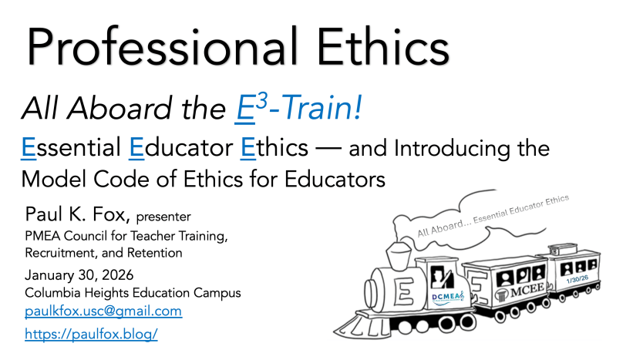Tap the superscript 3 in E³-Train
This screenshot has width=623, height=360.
[x=261, y=101]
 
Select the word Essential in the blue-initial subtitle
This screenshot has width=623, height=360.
[x=71, y=148]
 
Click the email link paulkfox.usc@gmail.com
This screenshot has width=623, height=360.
[x=103, y=311]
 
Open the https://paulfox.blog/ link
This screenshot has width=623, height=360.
[x=91, y=334]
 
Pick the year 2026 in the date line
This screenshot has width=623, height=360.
[x=118, y=275]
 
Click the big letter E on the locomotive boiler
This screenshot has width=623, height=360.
[x=405, y=291]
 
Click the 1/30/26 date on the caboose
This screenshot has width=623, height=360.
[x=578, y=279]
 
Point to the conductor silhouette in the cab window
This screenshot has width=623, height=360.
[x=442, y=278]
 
